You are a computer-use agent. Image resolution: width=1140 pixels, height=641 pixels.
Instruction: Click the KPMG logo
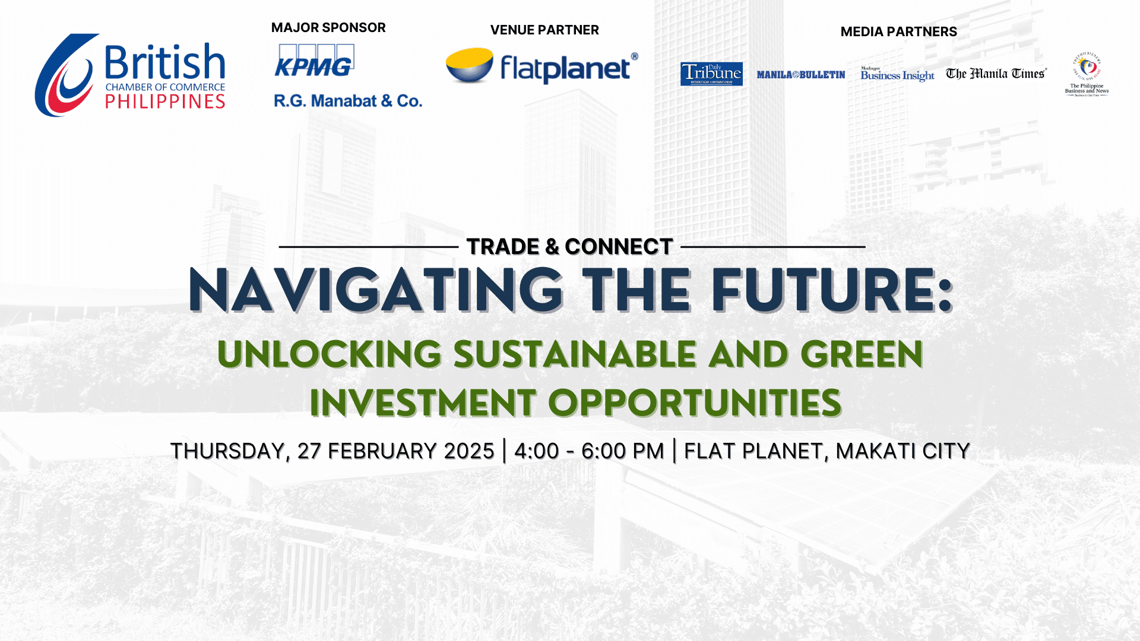point(314,61)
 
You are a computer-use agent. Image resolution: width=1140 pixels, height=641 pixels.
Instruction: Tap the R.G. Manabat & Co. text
point(348,101)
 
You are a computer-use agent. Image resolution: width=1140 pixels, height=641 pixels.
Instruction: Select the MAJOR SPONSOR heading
point(328,28)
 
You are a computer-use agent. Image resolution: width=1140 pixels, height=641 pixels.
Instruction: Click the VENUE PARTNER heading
point(544,30)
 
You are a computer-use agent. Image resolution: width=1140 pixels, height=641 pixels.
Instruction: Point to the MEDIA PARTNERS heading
point(898,32)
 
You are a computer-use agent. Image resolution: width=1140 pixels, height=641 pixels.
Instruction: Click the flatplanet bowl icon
point(470,65)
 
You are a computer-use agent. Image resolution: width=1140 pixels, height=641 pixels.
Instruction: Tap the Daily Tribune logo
point(711,74)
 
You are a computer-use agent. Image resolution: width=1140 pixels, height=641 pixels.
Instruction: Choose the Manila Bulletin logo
point(800,75)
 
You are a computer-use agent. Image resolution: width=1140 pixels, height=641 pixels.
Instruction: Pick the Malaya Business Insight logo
point(897,74)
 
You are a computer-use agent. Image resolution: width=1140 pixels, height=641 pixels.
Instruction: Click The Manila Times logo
point(996,74)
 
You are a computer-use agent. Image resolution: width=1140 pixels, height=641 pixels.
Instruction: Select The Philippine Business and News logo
point(1087,74)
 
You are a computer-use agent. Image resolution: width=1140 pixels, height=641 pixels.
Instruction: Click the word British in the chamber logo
point(165,62)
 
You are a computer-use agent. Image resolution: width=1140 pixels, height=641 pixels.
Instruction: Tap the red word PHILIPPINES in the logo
point(165,102)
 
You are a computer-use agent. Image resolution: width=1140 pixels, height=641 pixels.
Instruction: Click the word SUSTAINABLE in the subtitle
point(575,354)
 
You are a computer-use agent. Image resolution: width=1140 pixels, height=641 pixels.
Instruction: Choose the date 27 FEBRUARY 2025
point(395,451)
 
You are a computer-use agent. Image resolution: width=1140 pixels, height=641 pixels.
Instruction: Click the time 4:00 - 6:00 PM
point(589,451)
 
